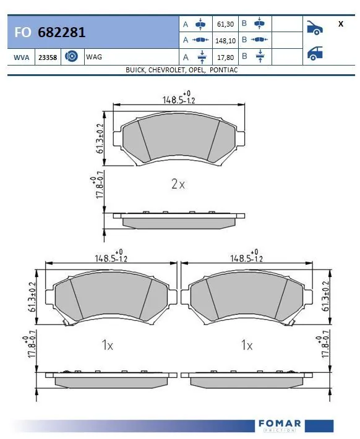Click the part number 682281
coord(61,32)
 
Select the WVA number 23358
coord(48,57)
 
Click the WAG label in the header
coord(94,57)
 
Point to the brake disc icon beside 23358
coord(71,57)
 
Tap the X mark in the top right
coord(341,24)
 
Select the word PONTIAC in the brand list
coord(224,70)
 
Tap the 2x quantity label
coord(178,184)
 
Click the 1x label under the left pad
coord(108,346)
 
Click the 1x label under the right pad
coord(247,346)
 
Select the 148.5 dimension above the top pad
coord(175,99)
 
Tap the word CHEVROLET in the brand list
coord(167,70)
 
